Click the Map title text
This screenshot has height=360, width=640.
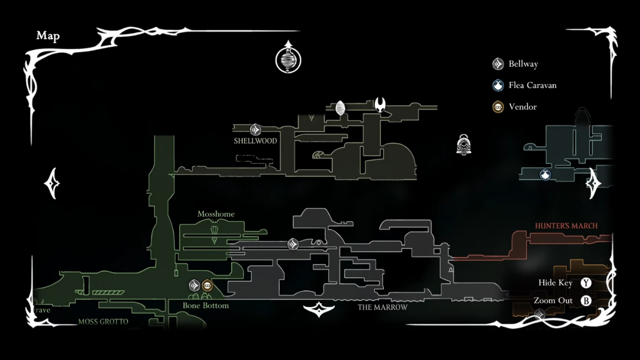[48, 36]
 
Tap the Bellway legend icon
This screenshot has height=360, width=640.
[498, 63]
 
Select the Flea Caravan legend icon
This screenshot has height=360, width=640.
[498, 85]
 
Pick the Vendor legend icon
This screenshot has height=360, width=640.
[498, 106]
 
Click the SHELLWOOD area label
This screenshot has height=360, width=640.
[255, 141]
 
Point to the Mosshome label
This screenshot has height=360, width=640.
[216, 214]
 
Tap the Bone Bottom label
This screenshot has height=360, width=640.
[205, 305]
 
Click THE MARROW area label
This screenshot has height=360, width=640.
[382, 307]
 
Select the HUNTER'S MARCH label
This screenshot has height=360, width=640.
[566, 226]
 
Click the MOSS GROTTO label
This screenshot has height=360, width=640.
[103, 322]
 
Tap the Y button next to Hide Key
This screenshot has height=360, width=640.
[586, 283]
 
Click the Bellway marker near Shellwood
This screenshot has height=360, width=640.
[255, 130]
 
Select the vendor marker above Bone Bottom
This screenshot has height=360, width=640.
[207, 285]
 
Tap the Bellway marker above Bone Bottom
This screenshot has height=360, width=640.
[194, 285]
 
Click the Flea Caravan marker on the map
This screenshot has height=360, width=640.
[545, 174]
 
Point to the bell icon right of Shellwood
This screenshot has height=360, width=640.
[463, 144]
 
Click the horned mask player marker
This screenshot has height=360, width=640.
[380, 104]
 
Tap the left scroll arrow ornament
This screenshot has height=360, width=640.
[52, 183]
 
